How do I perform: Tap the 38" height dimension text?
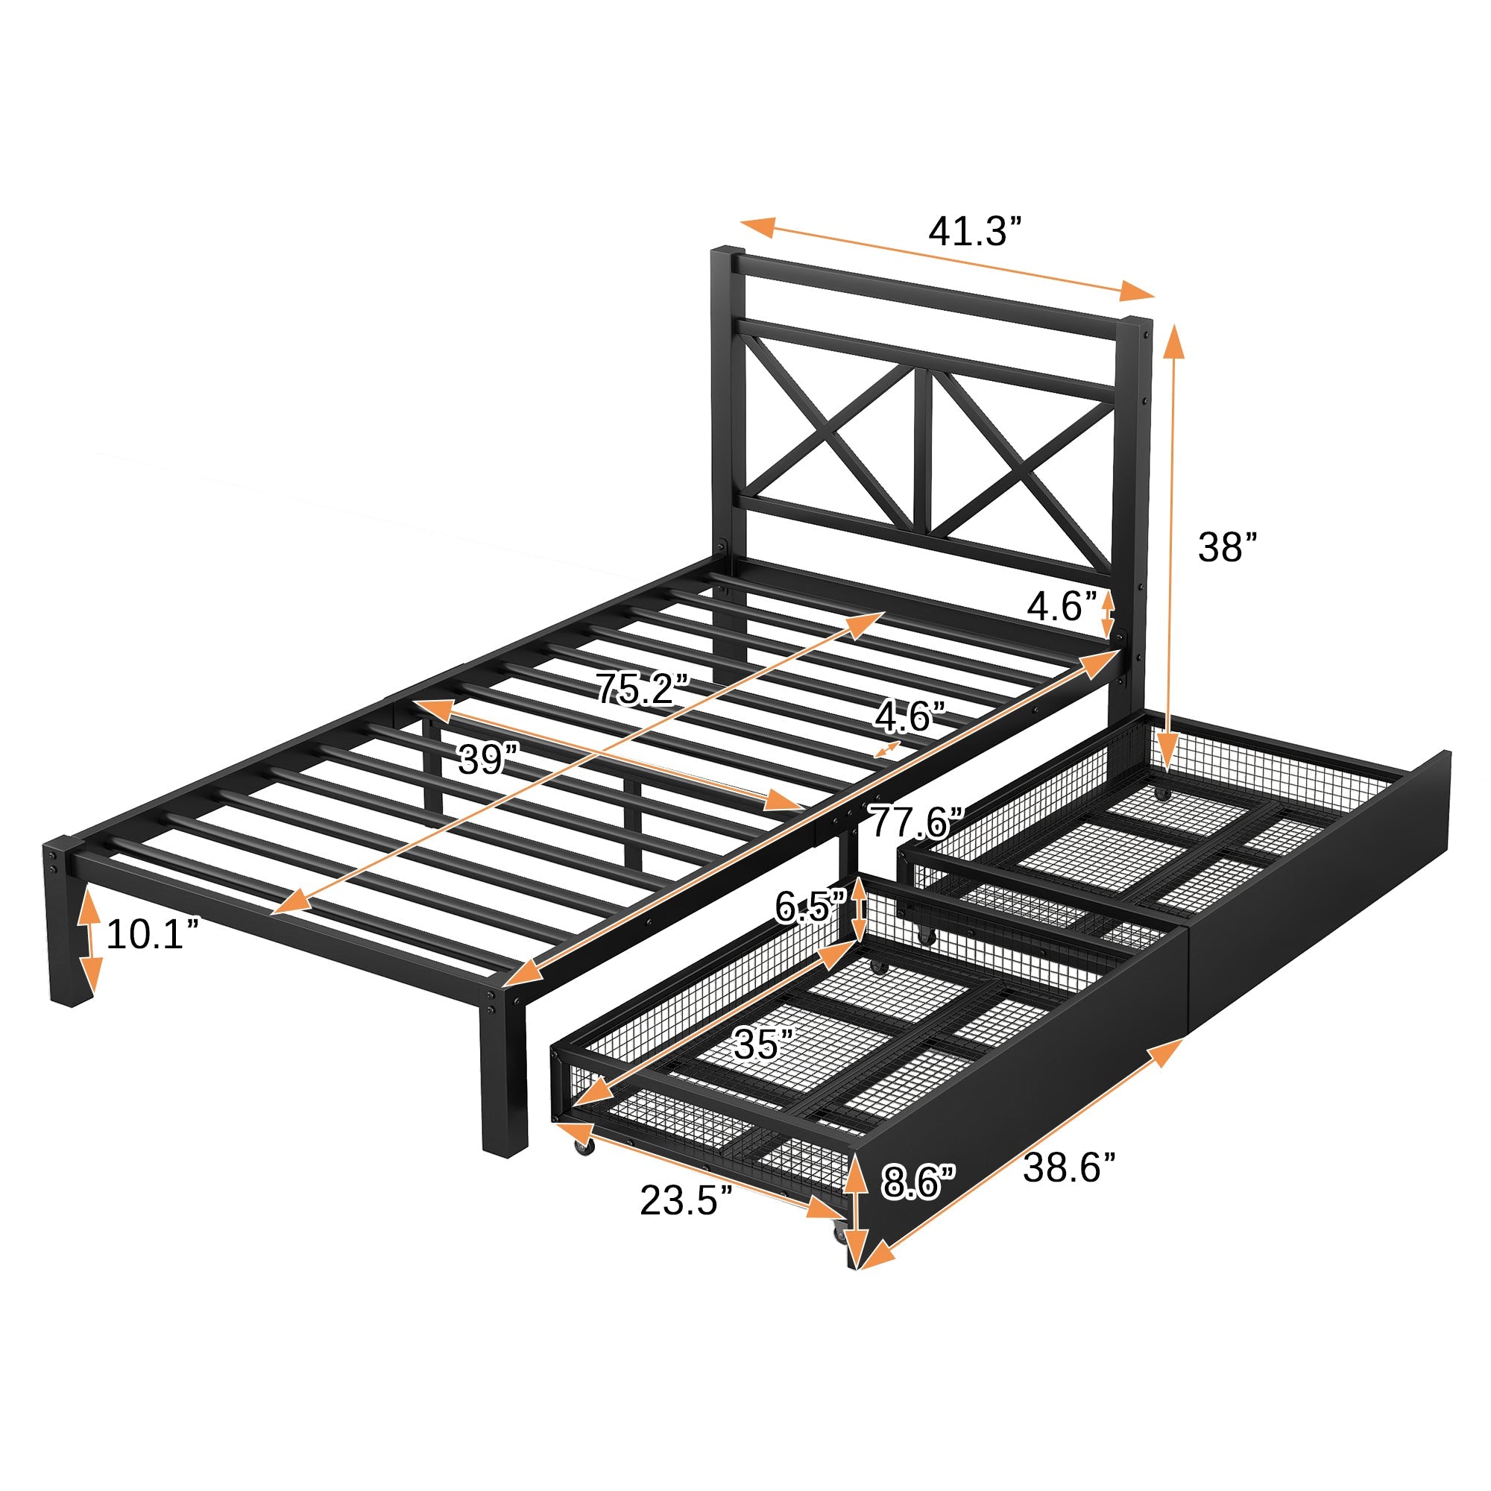point(1227,547)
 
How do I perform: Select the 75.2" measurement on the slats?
point(641,689)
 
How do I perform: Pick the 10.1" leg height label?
point(154,935)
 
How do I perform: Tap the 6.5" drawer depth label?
point(810,907)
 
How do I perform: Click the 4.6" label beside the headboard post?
point(1061,608)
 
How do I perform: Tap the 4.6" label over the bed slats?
point(910,717)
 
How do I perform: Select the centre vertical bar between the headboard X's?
point(923,456)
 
